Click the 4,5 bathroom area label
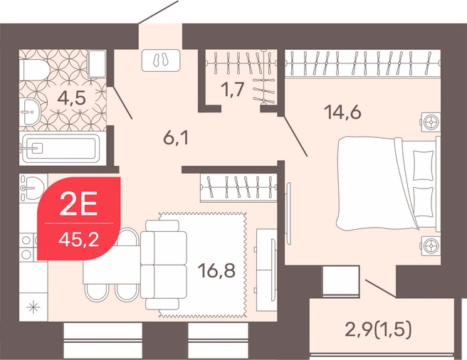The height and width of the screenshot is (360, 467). [x=71, y=98]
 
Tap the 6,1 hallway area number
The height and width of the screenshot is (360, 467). [x=176, y=138]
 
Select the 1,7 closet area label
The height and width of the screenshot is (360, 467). [x=233, y=89]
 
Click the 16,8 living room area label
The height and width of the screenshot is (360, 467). [x=216, y=271]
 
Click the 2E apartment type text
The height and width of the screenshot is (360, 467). [x=78, y=206]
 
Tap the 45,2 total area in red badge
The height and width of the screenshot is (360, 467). [x=78, y=239]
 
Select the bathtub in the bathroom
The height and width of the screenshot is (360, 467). [x=60, y=149]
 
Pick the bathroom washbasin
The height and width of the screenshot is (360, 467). [x=30, y=112]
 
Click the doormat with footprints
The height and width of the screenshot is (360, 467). [x=161, y=60]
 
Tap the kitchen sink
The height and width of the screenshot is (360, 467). [x=32, y=189]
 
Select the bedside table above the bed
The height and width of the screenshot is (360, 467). [x=431, y=122]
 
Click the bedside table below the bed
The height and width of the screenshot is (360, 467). [x=431, y=245]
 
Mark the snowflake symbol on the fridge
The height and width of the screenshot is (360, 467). [x=32, y=307]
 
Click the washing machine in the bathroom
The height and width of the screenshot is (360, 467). [x=98, y=64]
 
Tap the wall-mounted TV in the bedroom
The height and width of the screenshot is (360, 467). [x=288, y=213]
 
